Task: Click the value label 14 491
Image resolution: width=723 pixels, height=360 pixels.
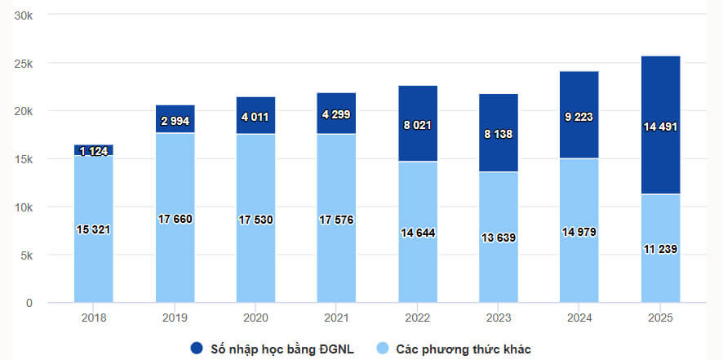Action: (661, 127)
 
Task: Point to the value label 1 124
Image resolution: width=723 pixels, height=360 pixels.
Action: (94, 151)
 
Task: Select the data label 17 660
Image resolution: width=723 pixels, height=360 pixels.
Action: (175, 219)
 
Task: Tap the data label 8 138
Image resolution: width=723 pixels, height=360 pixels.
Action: (499, 134)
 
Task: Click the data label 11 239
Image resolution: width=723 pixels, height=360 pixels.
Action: (661, 249)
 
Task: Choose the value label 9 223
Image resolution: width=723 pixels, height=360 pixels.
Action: (579, 116)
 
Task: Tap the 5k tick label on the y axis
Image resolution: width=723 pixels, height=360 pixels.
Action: (26, 256)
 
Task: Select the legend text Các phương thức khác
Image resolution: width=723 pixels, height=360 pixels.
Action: (464, 349)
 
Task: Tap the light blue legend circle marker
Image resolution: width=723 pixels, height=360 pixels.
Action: (382, 349)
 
